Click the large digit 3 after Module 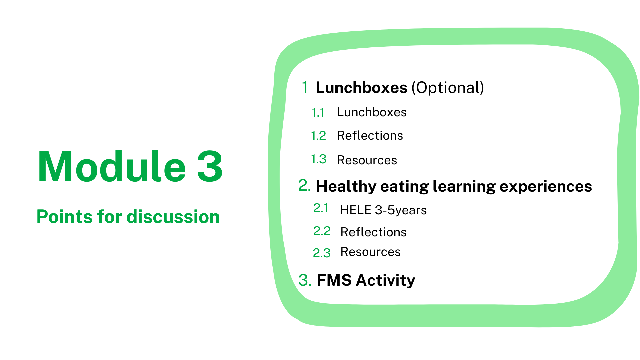pyautogui.click(x=210, y=166)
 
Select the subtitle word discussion pyautogui.click(x=173, y=217)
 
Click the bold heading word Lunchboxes pyautogui.click(x=362, y=88)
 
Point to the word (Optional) pyautogui.click(x=448, y=88)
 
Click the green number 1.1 pyautogui.click(x=318, y=113)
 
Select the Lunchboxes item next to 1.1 pyautogui.click(x=372, y=112)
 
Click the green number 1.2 pyautogui.click(x=318, y=136)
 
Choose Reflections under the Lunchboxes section pyautogui.click(x=370, y=136)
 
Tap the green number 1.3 pyautogui.click(x=319, y=159)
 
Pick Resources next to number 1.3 pyautogui.click(x=367, y=160)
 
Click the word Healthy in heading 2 pyautogui.click(x=346, y=186)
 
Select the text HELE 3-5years pyautogui.click(x=383, y=210)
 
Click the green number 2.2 pyautogui.click(x=322, y=231)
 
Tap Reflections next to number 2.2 pyautogui.click(x=373, y=232)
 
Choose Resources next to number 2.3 pyautogui.click(x=370, y=252)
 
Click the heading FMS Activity pyautogui.click(x=366, y=280)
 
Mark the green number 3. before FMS pyautogui.click(x=305, y=280)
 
